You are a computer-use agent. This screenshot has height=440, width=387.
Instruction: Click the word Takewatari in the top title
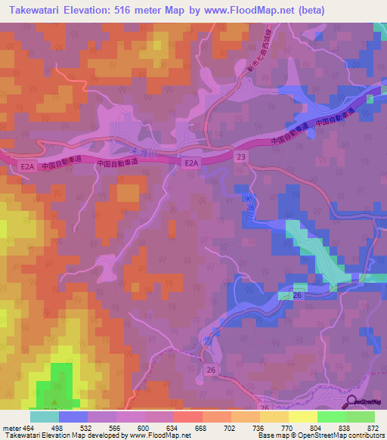point(42,10)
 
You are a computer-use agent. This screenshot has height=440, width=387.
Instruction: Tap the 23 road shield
point(240,156)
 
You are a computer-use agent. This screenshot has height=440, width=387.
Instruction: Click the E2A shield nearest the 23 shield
point(191,163)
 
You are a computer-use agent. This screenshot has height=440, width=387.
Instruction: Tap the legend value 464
point(28,428)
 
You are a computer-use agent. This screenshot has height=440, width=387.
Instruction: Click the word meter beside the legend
point(9,428)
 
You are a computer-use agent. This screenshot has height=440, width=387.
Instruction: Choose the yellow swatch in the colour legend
point(302,417)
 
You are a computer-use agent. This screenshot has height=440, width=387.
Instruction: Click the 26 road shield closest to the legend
point(265,408)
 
